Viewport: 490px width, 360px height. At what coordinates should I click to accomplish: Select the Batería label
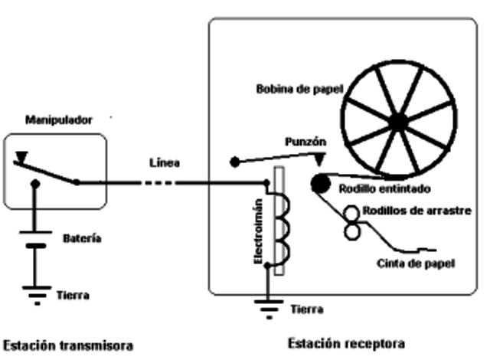coord(82,239)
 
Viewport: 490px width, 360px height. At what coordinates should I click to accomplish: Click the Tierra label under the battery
coord(73,294)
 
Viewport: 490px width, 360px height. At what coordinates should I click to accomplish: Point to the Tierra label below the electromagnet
coord(307,309)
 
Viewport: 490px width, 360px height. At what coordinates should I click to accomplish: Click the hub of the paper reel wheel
coord(398,121)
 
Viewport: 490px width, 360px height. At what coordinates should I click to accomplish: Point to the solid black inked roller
coord(320,184)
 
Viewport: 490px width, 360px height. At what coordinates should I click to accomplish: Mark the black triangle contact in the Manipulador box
coord(21,159)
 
